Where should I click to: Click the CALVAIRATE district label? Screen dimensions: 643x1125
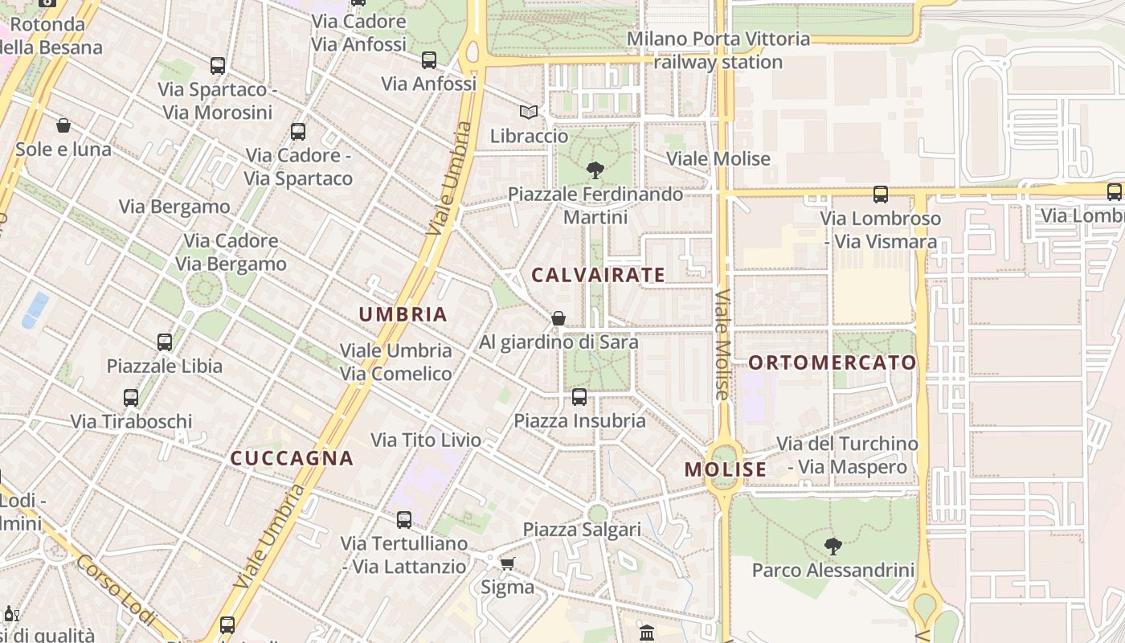tap(598, 275)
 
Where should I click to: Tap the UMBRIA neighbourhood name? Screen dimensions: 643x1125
tap(403, 314)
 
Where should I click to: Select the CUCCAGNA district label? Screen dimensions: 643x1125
tap(292, 458)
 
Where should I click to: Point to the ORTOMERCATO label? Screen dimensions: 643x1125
tap(832, 362)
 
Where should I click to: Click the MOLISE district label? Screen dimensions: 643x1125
tap(725, 469)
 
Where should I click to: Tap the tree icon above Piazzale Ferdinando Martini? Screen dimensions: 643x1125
tap(595, 170)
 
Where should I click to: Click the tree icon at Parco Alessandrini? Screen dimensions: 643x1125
tap(833, 547)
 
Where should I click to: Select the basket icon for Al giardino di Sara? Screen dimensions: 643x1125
tap(558, 318)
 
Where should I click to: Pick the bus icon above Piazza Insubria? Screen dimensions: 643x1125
tap(579, 396)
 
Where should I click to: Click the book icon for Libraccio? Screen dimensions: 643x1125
tap(528, 112)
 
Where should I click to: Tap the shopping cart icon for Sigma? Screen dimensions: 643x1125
tap(507, 563)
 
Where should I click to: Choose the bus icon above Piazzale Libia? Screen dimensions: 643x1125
tap(165, 342)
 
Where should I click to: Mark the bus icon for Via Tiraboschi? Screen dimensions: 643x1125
tap(131, 397)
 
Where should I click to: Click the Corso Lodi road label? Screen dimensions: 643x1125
tap(117, 589)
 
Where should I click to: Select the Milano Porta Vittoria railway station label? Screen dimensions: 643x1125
tap(718, 50)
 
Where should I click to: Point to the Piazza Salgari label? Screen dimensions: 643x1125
tap(582, 530)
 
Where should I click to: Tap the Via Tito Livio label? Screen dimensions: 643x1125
tap(426, 440)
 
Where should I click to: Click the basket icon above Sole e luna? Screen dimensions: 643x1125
tap(63, 125)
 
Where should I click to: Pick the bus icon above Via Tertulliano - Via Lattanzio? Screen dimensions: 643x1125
tap(404, 519)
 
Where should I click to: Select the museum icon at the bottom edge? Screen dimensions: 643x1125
tap(647, 633)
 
